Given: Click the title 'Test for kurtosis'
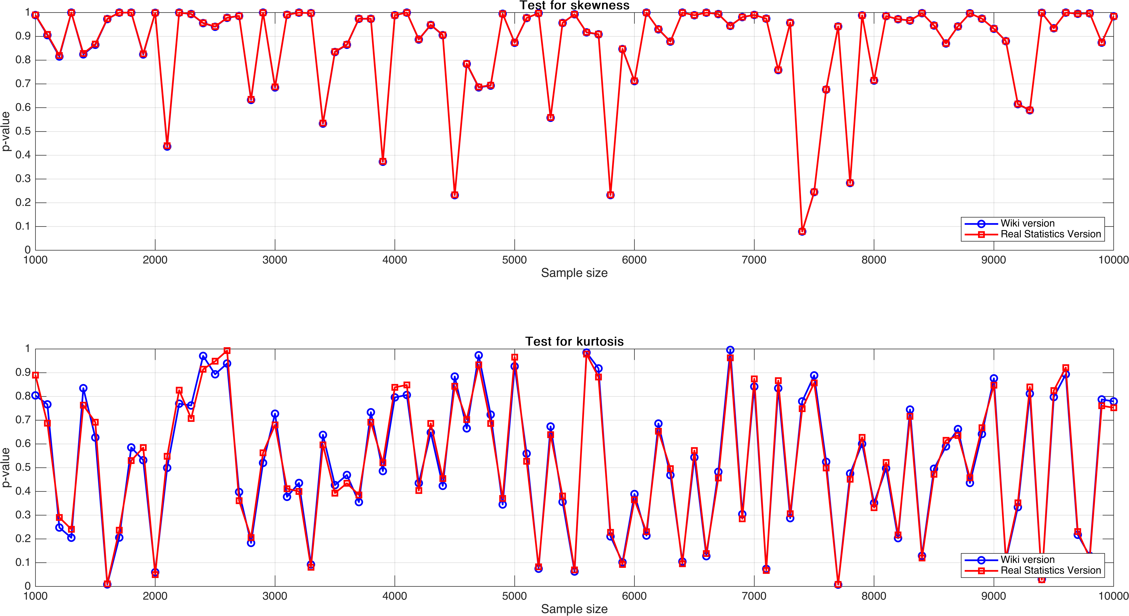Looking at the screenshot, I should point(574,342).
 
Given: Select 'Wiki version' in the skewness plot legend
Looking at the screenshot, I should point(1027,223).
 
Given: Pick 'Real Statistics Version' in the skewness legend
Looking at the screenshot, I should point(1050,234).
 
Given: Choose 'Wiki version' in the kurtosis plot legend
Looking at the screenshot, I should point(1027,559).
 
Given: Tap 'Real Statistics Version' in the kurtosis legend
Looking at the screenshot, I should point(1050,570).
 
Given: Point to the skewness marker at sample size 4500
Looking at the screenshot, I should point(455,195).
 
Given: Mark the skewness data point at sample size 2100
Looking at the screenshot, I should point(167,146).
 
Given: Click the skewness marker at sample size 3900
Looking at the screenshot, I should point(383,162).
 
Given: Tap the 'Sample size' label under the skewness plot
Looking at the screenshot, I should point(574,273).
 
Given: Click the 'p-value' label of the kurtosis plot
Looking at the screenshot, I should point(6,467).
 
